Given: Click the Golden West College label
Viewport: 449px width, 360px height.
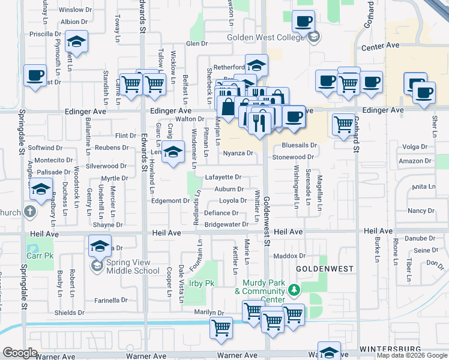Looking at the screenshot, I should coord(266,38).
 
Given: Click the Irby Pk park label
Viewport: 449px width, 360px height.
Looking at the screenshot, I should coord(201,283).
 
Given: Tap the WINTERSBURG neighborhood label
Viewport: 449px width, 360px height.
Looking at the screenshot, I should coord(387,349).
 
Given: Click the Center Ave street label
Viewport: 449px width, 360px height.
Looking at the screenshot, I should coord(381,46).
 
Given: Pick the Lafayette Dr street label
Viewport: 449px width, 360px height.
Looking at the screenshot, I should coord(223,178).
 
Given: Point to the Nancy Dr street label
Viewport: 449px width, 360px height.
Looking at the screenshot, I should coord(420,211).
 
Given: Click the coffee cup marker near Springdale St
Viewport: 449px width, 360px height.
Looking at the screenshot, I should coord(35,76).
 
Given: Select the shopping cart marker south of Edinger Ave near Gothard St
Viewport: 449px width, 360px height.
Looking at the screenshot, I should coord(343,124).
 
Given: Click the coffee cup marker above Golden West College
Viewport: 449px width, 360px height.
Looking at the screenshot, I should coord(303,22).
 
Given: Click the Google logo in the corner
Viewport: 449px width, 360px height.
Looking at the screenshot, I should coord(20,353).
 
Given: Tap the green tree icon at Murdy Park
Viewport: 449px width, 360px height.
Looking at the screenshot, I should coord(294,290).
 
